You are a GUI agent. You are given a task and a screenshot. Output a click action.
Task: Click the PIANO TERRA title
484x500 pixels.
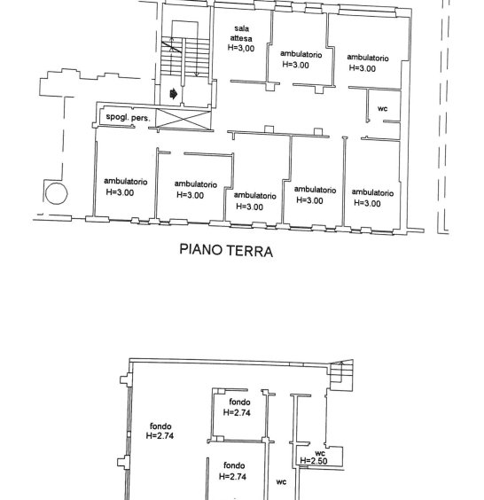[226, 250]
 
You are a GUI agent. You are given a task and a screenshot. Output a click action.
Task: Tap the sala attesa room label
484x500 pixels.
[241, 34]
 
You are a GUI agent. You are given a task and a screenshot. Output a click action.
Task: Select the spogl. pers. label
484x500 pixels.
[128, 117]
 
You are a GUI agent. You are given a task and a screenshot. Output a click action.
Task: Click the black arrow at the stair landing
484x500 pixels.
[174, 94]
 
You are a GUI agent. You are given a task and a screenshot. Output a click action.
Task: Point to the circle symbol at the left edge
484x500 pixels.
[57, 193]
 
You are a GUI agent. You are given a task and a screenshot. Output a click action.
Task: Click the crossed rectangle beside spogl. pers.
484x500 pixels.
[184, 120]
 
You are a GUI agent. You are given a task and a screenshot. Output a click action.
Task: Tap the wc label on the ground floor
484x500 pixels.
[383, 108]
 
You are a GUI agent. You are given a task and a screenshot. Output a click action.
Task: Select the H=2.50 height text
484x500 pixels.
[314, 460]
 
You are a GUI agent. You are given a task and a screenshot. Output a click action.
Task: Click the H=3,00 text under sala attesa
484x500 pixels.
[241, 48]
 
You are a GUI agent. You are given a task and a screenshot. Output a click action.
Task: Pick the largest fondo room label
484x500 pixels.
[160, 426]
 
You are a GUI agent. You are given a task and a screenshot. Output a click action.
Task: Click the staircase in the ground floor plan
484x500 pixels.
[184, 58]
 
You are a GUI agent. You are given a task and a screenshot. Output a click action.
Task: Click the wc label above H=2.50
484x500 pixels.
[320, 453]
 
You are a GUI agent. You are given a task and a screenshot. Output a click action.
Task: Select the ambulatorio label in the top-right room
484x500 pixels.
[368, 58]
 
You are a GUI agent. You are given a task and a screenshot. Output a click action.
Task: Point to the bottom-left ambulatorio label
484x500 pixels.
[126, 182]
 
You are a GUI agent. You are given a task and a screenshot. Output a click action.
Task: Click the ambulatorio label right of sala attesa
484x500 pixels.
[301, 54]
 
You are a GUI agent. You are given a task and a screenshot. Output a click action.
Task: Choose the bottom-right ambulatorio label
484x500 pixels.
[372, 192]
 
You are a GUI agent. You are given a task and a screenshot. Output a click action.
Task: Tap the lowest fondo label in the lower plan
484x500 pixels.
[234, 465]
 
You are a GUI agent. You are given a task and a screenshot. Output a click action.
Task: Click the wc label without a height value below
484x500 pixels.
[281, 481]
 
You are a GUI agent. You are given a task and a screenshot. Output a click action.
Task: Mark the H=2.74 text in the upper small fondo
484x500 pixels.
[237, 412]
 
